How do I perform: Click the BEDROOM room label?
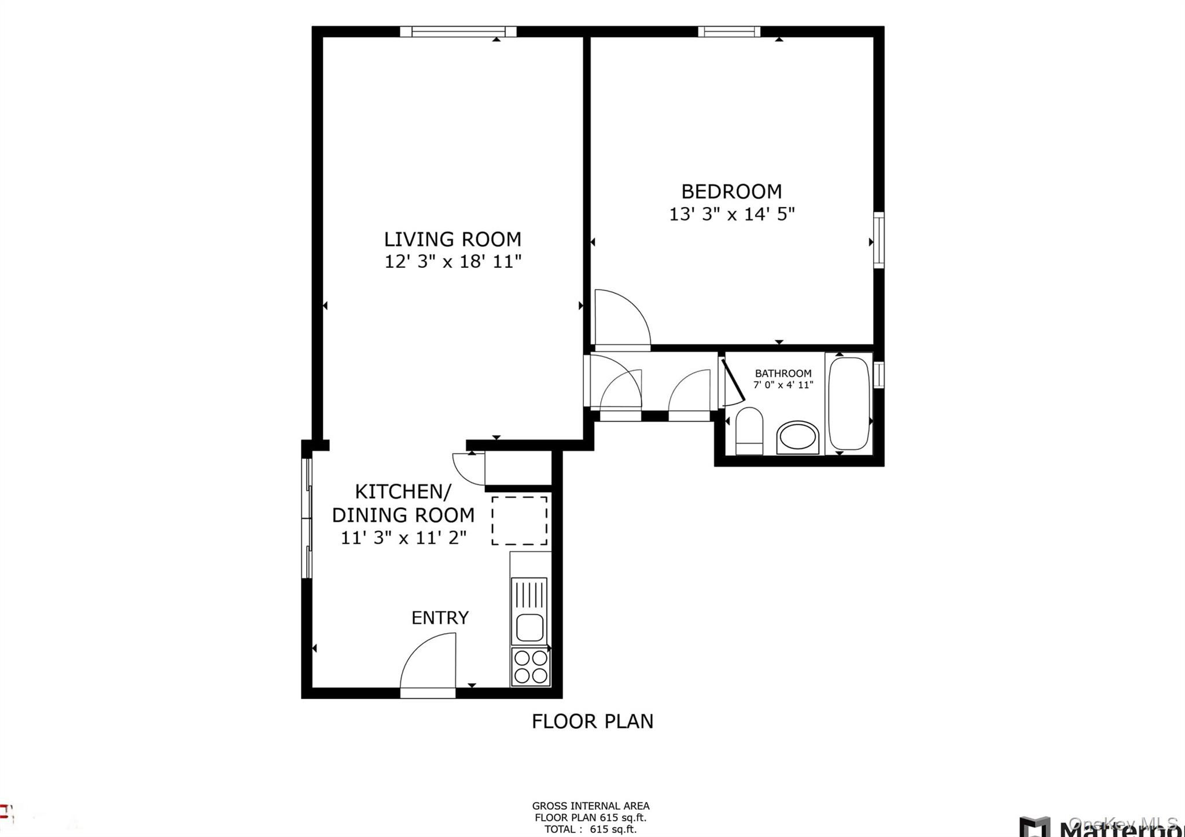tap(731, 191)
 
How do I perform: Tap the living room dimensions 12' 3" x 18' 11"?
tap(453, 262)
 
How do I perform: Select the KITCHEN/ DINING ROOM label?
tap(403, 503)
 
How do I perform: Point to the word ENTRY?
tap(440, 618)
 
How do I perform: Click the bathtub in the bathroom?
tap(849, 403)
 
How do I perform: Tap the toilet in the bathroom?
tap(749, 431)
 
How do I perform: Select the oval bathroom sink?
tap(798, 437)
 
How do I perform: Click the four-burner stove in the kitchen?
tap(531, 667)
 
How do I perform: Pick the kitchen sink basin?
tap(529, 628)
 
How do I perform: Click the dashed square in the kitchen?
tap(520, 520)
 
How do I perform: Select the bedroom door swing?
tap(622, 318)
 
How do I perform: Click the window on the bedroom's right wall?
tap(878, 239)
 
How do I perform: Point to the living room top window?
tap(458, 32)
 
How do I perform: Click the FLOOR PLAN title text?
tap(592, 721)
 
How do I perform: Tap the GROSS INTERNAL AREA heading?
tap(591, 806)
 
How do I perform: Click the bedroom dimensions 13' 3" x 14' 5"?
tap(732, 215)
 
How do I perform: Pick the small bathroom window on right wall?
tap(878, 374)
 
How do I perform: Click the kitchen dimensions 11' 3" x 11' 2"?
tap(403, 538)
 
